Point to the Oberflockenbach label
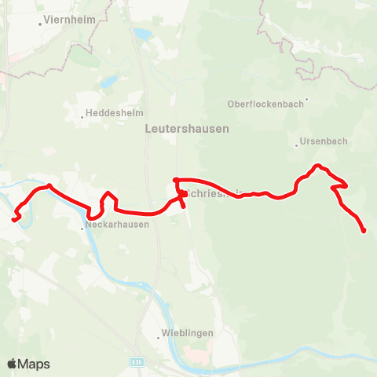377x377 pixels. tap(265, 103)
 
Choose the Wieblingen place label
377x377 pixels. tap(188, 333)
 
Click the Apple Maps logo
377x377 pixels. tap(28, 364)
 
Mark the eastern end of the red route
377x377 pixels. tap(364, 230)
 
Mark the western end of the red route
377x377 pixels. tap(14, 219)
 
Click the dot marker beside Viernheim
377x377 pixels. tap(41, 24)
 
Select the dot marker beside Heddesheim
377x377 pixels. tap(83, 118)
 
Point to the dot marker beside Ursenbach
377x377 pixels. tap(298, 145)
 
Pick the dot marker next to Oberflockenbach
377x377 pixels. tap(306, 100)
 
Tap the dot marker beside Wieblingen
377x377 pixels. tap(160, 337)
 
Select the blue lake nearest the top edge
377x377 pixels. tap(143, 35)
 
